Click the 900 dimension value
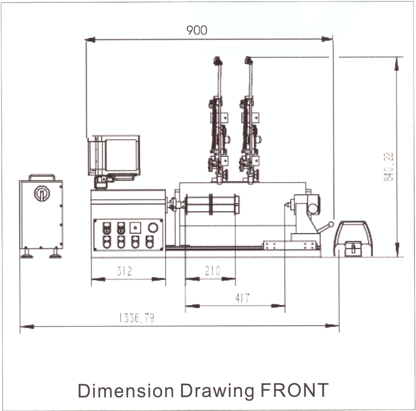[x=196, y=30]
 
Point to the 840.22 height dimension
[x=389, y=166]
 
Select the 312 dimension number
[x=124, y=271]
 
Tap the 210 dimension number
[x=213, y=271]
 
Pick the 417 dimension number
[x=242, y=299]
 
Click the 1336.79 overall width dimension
[x=137, y=318]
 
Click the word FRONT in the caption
[x=294, y=390]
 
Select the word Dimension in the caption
[x=126, y=391]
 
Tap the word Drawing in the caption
[x=217, y=392]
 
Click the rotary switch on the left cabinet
[x=42, y=193]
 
